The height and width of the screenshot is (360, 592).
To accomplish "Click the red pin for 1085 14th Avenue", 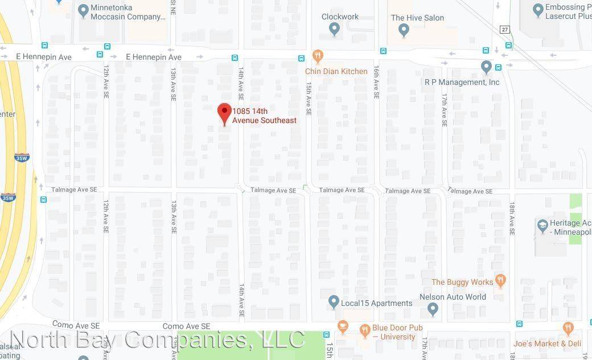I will pos(224,113).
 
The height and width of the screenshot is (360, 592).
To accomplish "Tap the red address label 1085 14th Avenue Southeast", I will pos(265,116).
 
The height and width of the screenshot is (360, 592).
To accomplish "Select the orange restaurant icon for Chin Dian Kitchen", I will pos(318,56).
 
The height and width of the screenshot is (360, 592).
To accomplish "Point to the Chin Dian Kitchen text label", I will pos(336,71).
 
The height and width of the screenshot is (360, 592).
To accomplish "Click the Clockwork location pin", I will pos(335,29).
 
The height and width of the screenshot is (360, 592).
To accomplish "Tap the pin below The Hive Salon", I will pos(404,30).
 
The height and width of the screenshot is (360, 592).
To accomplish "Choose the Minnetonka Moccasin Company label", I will pos(128,13).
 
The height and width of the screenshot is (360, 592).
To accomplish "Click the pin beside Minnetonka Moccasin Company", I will pos(83,10).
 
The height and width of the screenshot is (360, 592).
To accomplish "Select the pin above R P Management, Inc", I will pos(486,67).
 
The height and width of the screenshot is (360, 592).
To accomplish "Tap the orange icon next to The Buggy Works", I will pos(500,280).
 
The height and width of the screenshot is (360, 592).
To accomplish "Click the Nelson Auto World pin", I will pos(433,309).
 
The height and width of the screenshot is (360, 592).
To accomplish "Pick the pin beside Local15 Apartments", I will pos(334,302).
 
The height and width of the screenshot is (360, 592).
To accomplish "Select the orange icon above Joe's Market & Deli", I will pos(568,328).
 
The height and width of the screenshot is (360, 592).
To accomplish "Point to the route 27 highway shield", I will pos(504,30).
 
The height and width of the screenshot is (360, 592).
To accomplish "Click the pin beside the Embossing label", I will pos(538,10).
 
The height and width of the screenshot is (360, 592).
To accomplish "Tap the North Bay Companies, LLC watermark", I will pos(158,339).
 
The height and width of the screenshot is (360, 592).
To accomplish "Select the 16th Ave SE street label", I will pos(376,81).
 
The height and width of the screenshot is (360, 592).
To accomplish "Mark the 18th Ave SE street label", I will pos(512,219).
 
